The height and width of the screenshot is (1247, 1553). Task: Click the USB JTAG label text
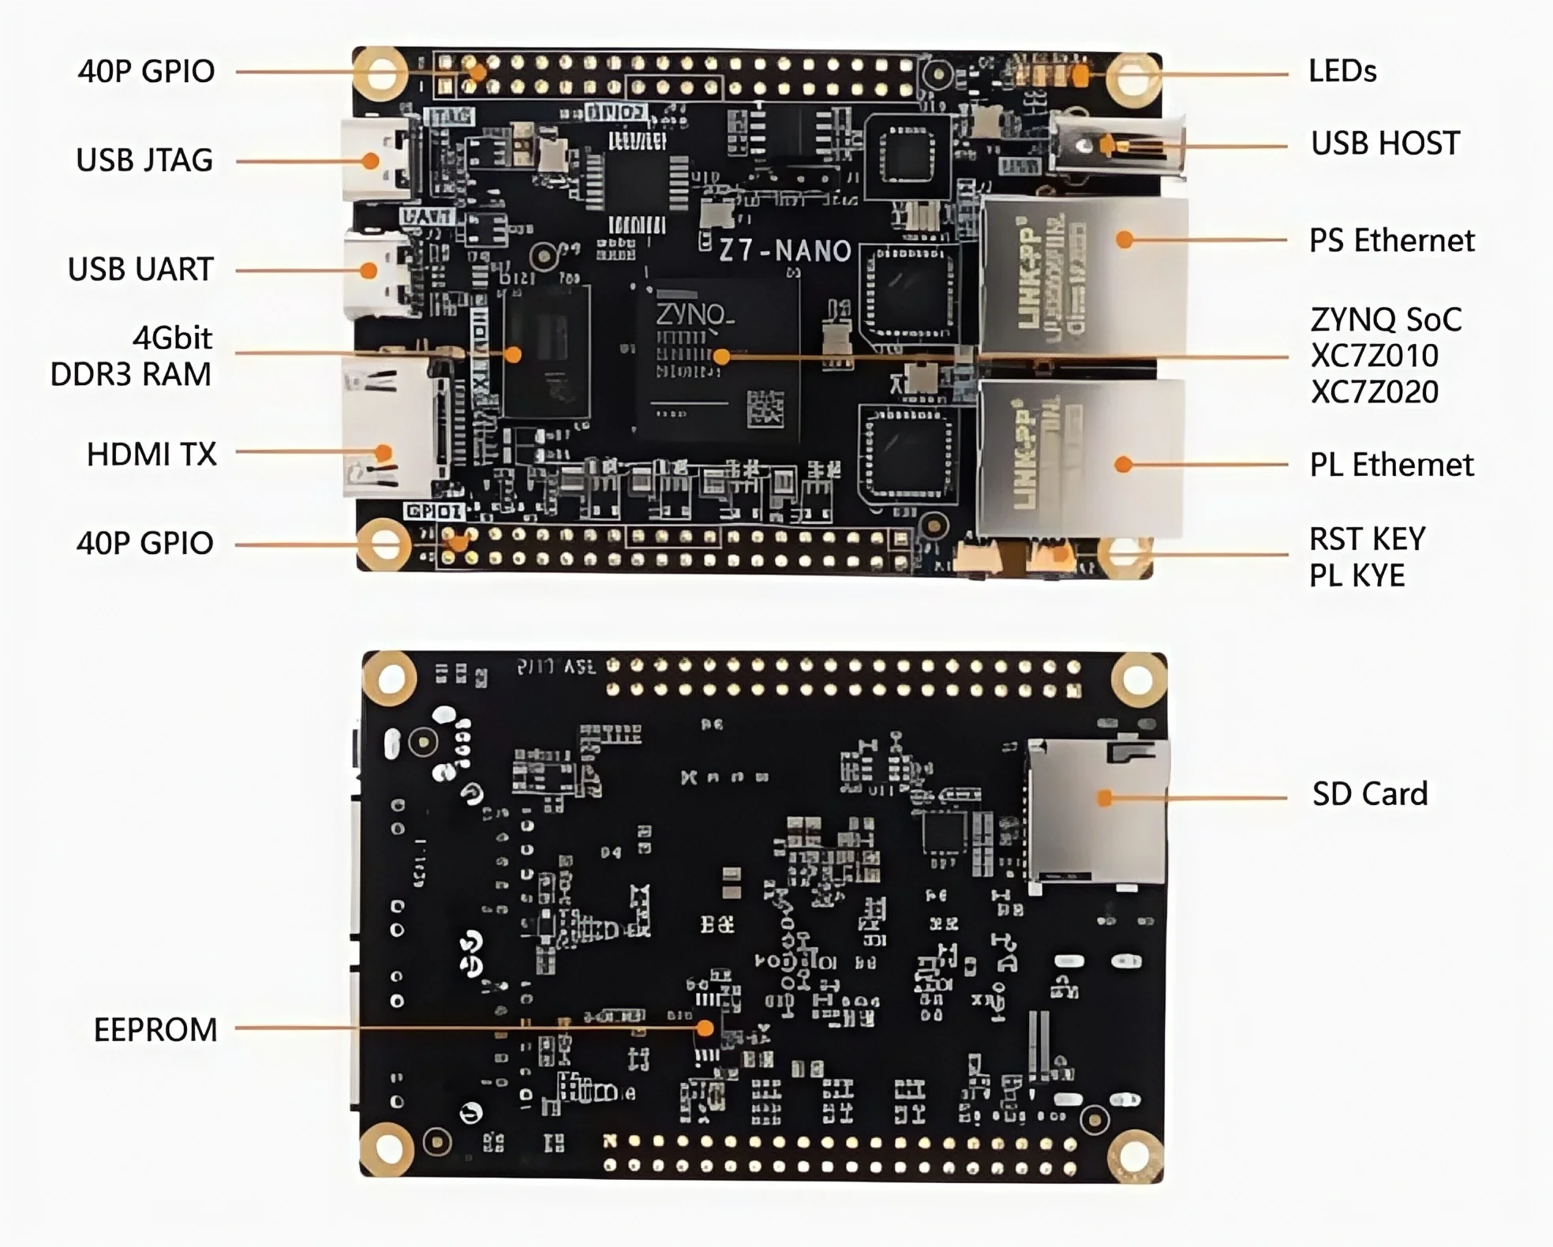[x=144, y=160]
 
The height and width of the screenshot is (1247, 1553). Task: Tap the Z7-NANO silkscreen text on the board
[x=784, y=251]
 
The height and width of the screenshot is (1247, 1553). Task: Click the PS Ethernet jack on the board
[x=1083, y=274]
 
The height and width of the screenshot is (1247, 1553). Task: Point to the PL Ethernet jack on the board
[x=1081, y=458]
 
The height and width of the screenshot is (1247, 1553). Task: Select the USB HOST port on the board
[x=1117, y=145]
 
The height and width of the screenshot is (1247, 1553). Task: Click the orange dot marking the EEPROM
[x=705, y=1028]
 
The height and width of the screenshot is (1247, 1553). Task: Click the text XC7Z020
[x=1374, y=392]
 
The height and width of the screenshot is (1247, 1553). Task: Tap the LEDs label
[x=1342, y=71]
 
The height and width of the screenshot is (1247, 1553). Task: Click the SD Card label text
[x=1369, y=794]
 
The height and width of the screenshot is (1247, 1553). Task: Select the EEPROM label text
[x=155, y=1030]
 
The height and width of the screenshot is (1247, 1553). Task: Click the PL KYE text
[x=1357, y=576]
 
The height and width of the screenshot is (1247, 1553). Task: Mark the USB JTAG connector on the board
[x=377, y=160]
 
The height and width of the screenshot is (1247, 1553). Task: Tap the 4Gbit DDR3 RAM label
[x=132, y=356]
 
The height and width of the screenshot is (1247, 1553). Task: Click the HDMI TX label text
[x=151, y=455]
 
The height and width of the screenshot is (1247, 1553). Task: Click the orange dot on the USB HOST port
[x=1108, y=145]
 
